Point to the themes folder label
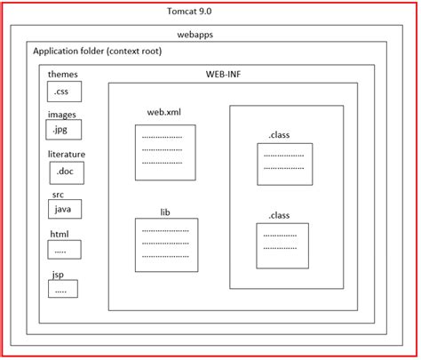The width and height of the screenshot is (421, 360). click(x=63, y=75)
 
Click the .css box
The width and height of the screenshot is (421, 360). click(x=64, y=92)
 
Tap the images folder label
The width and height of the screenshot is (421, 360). click(x=63, y=114)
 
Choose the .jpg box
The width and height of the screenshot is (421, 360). click(x=64, y=131)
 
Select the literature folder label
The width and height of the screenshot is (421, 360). click(x=68, y=154)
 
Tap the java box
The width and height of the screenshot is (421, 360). click(x=64, y=209)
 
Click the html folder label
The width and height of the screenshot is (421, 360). click(x=59, y=234)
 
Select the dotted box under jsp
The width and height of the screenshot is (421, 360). click(x=63, y=289)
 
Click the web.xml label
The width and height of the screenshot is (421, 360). click(x=164, y=113)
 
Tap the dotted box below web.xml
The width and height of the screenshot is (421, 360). click(x=164, y=152)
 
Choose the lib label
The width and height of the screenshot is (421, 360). click(x=164, y=212)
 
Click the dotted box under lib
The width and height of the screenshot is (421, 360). click(x=165, y=244)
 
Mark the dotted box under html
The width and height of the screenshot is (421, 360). click(x=63, y=251)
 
